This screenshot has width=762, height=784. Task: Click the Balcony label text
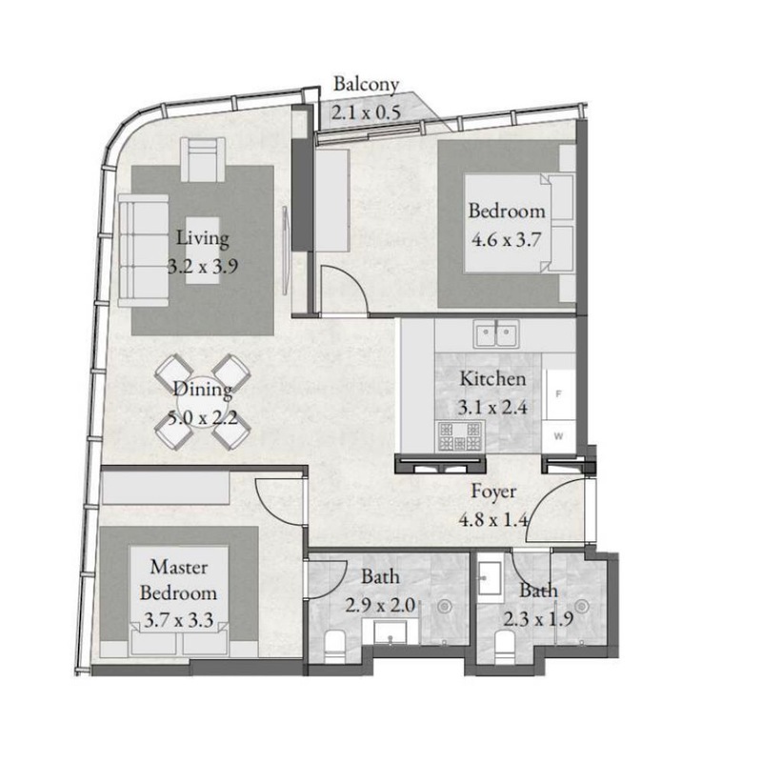click(366, 84)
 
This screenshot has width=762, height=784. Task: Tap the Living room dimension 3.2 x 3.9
click(203, 266)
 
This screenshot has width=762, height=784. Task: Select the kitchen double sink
click(496, 333)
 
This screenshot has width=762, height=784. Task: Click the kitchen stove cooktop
click(460, 436)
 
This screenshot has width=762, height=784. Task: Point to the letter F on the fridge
click(558, 394)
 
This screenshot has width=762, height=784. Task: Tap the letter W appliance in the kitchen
click(558, 436)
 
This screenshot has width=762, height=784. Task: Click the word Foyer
click(493, 492)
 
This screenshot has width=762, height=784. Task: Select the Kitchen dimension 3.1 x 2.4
click(492, 408)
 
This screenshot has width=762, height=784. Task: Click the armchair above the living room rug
click(203, 159)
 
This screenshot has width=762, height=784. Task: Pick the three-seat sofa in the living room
click(144, 250)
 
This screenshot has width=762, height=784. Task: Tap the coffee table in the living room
click(203, 251)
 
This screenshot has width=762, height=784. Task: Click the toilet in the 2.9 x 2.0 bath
click(334, 648)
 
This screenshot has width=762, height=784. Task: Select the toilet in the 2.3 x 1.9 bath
click(505, 648)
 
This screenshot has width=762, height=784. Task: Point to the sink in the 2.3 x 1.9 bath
click(490, 578)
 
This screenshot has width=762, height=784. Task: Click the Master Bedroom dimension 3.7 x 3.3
click(178, 620)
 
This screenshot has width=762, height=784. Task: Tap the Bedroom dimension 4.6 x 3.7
click(507, 239)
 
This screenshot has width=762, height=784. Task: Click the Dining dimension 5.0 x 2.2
click(202, 417)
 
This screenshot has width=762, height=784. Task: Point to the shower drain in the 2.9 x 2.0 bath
click(444, 607)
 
